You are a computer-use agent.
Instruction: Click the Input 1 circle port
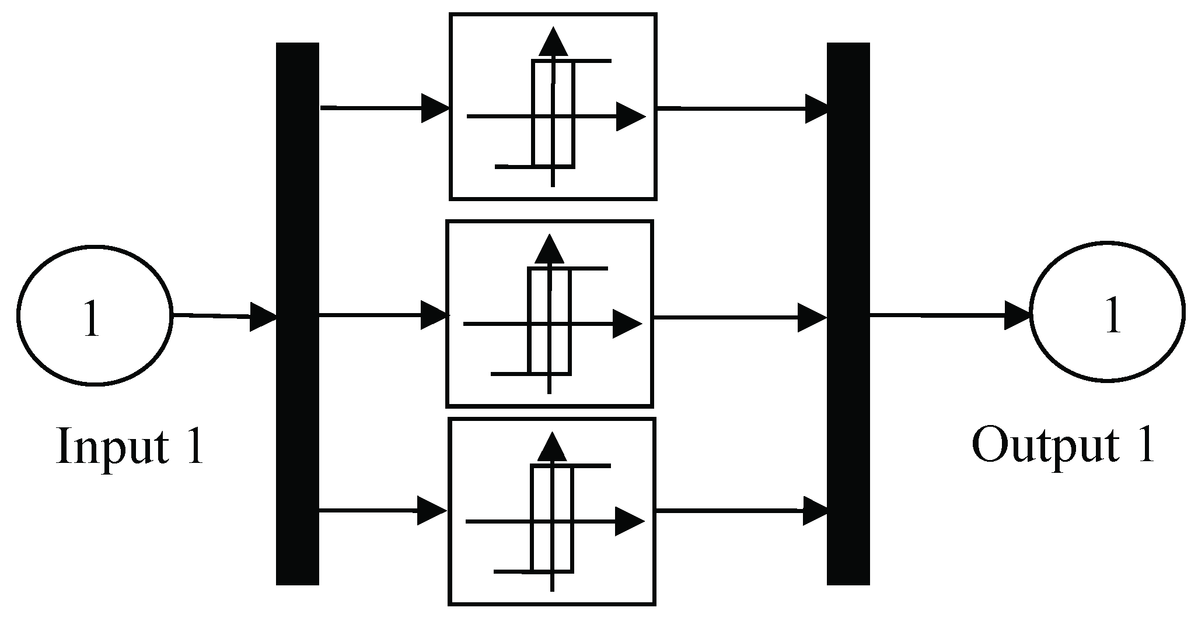click(95, 315)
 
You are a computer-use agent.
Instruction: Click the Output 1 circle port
click(1107, 313)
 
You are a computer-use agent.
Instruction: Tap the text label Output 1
click(1063, 445)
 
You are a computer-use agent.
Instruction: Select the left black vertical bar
click(298, 314)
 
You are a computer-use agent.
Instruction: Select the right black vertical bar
click(848, 314)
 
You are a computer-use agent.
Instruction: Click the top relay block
click(553, 107)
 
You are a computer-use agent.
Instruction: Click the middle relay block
click(549, 314)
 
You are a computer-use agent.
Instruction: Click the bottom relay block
click(551, 511)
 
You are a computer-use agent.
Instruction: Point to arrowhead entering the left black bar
click(263, 317)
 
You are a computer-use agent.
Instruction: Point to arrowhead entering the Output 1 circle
click(1017, 315)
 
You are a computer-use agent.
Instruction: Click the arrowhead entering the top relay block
click(435, 108)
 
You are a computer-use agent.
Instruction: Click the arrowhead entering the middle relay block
click(434, 315)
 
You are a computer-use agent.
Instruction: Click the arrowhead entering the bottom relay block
click(432, 511)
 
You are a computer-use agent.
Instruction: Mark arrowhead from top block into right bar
click(816, 108)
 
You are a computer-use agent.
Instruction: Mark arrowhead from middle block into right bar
click(812, 318)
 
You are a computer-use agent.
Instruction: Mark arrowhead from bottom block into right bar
click(815, 511)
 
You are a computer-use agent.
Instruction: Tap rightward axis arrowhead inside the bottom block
click(630, 521)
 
